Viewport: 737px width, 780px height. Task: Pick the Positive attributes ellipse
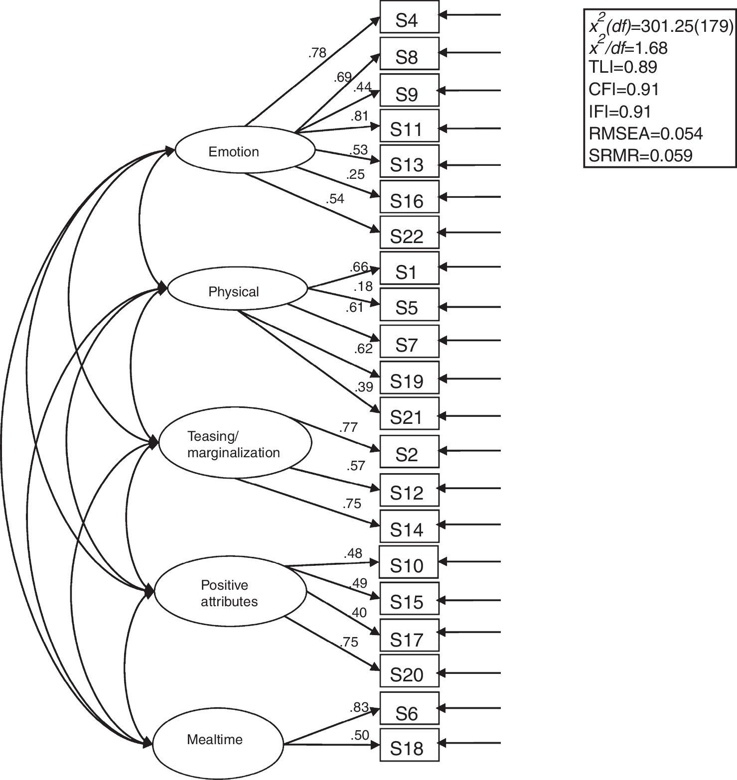pos(230,593)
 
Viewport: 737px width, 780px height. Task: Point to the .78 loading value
pos(317,53)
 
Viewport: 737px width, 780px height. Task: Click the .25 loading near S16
pos(355,174)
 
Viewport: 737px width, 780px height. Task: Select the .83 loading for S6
pos(359,706)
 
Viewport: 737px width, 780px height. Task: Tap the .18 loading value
pos(363,286)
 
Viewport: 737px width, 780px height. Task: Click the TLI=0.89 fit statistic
pos(623,67)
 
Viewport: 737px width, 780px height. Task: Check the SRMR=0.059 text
pos(640,155)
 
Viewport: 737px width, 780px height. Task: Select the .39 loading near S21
pos(364,387)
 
